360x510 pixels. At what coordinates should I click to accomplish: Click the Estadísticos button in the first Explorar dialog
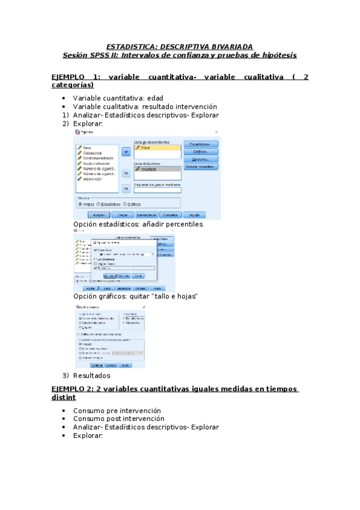(x=201, y=144)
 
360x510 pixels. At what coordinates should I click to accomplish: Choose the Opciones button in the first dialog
(x=201, y=159)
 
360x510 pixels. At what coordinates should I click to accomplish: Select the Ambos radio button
(x=85, y=204)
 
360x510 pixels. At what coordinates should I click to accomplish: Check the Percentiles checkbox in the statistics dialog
(x=95, y=268)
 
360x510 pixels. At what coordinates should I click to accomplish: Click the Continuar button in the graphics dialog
(x=97, y=365)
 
